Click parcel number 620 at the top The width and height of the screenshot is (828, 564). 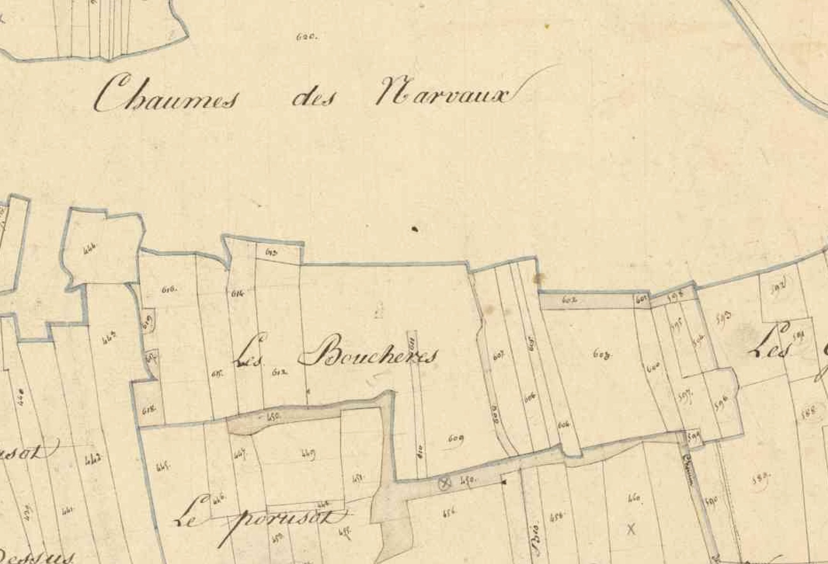click(308, 36)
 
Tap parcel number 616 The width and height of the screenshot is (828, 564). click(169, 290)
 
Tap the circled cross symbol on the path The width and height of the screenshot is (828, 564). click(444, 482)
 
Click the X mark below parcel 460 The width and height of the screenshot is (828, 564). click(631, 529)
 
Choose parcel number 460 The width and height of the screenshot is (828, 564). click(633, 498)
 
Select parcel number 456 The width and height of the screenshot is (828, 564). click(449, 513)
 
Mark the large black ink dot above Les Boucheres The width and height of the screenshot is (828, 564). click(415, 229)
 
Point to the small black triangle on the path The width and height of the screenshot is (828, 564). click(504, 482)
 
